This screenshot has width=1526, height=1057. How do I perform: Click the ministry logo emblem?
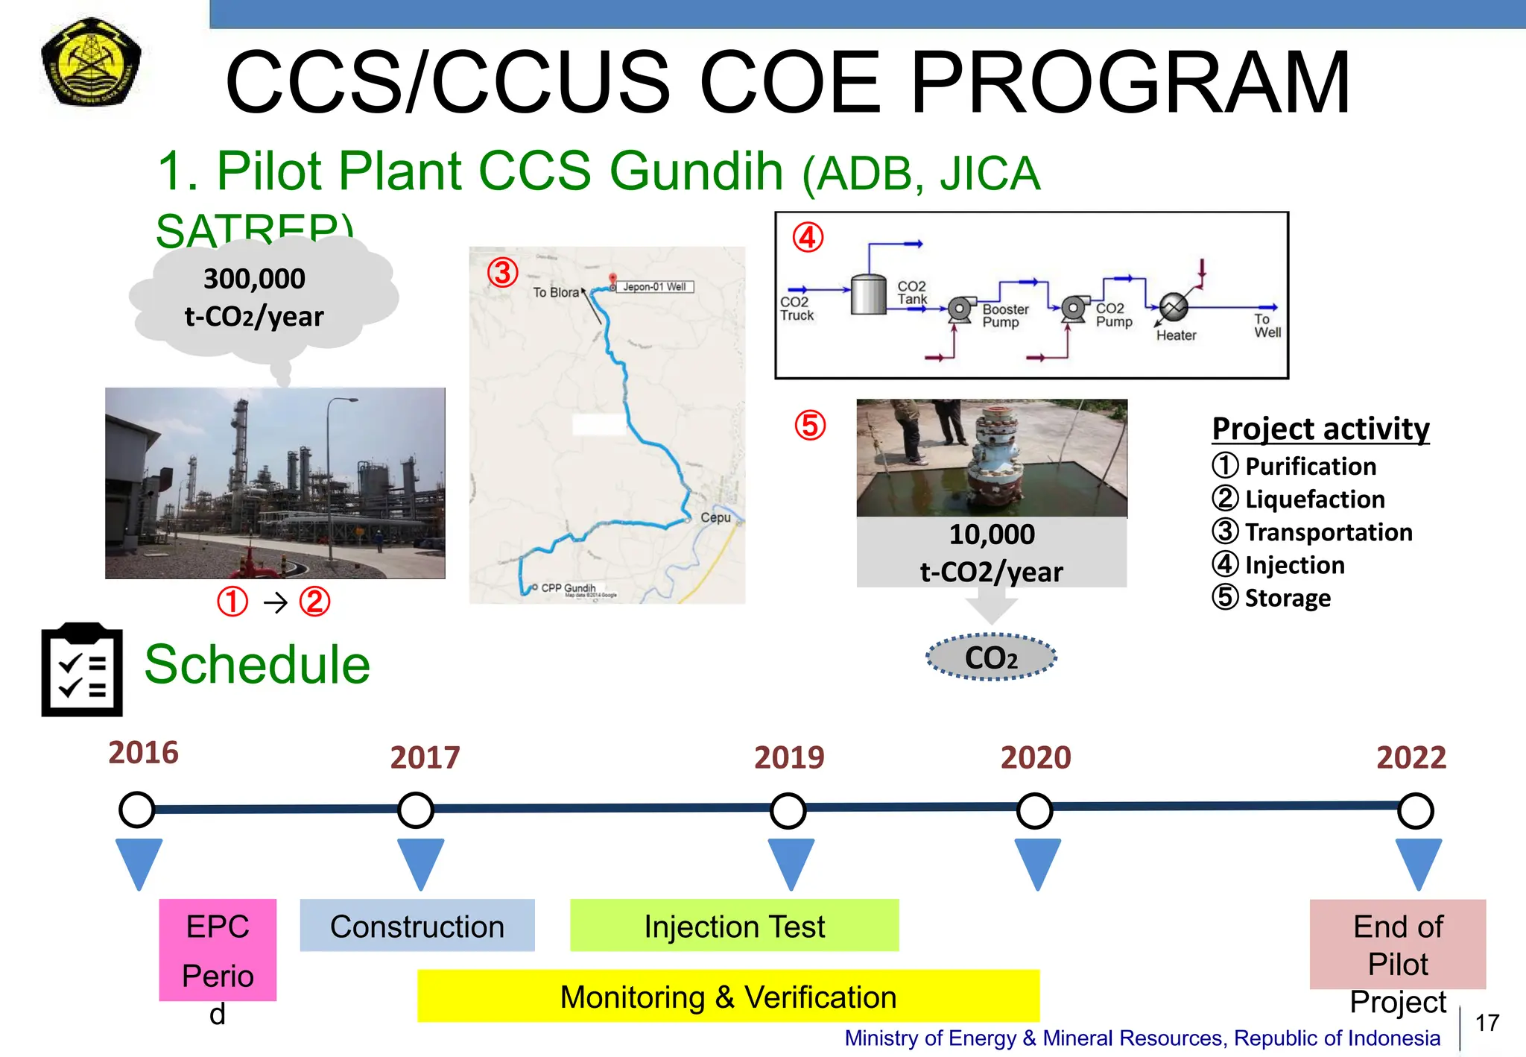[91, 63]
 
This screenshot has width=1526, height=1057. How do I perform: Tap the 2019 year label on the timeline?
[789, 757]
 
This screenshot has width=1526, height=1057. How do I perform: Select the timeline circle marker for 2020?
[1035, 811]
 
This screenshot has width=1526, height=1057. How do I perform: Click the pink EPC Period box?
[218, 950]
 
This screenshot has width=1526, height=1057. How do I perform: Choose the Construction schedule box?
[417, 926]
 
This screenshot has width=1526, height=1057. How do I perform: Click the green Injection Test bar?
[734, 926]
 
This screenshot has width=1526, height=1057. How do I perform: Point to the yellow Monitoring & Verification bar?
[728, 997]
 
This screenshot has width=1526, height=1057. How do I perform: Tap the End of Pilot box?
[1397, 944]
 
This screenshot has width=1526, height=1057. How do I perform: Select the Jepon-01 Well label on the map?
[654, 287]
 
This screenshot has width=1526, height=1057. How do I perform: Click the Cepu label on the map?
[715, 517]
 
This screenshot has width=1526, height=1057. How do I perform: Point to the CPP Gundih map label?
[568, 587]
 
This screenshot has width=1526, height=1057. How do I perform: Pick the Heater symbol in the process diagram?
[1174, 307]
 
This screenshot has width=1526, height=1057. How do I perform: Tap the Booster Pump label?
[1004, 315]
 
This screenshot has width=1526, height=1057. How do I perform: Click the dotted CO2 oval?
[991, 657]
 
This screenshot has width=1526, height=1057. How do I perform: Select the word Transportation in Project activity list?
[1329, 532]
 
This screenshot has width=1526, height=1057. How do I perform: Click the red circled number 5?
[810, 426]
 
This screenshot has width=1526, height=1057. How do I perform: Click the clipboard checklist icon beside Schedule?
[82, 670]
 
